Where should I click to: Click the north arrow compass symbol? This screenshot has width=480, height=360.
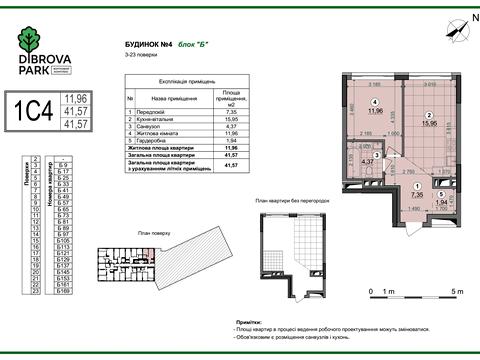coord(458,27)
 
